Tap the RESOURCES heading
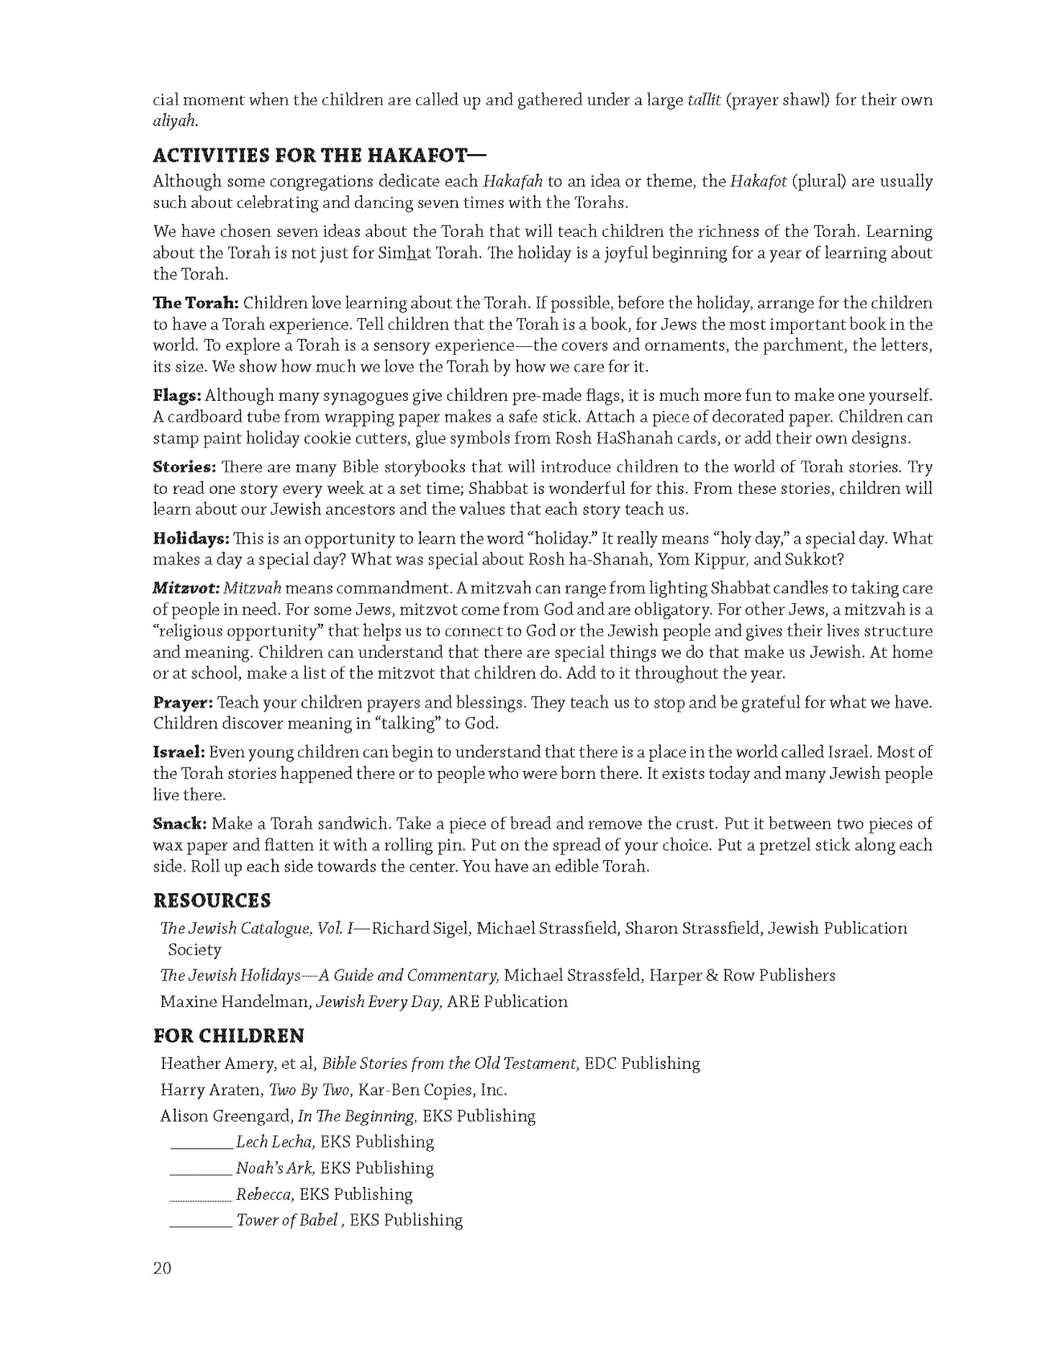tap(212, 900)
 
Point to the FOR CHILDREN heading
tap(229, 1036)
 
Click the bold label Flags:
tap(177, 395)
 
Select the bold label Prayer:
tap(183, 703)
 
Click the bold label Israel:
tap(179, 752)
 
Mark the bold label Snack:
tap(180, 823)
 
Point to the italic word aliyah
tap(175, 122)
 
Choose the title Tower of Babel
tap(286, 1220)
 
